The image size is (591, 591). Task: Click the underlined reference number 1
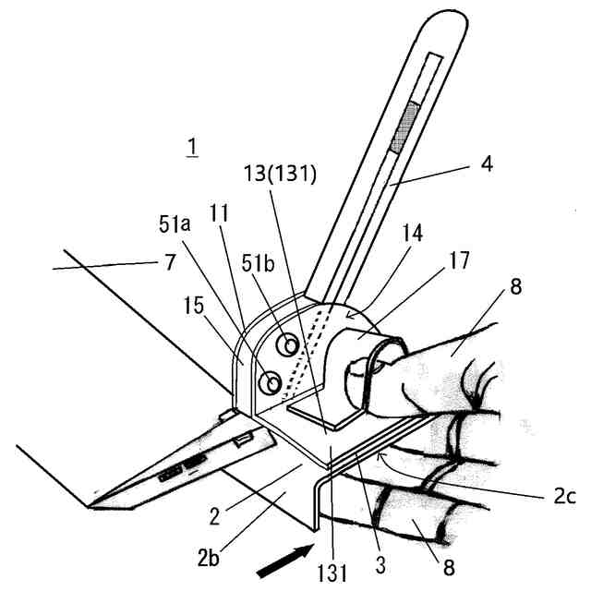191,147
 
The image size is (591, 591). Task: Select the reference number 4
486,165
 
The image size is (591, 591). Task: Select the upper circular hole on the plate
290,346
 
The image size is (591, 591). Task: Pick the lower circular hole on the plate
271,380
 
